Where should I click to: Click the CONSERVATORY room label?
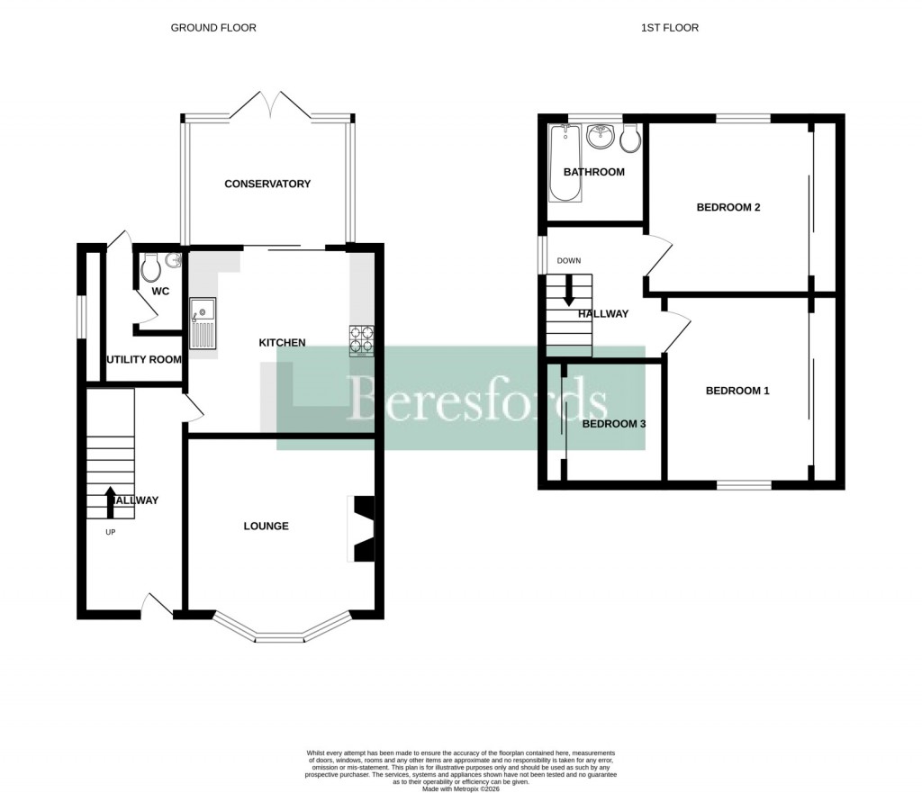pos(267,184)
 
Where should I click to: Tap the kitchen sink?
pos(203,323)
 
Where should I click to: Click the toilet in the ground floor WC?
pos(151,266)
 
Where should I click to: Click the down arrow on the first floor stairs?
pos(568,292)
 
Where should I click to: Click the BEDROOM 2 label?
pos(728,207)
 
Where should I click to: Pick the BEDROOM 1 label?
pos(737,391)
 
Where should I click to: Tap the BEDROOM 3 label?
pos(614,422)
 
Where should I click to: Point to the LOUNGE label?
pos(267,526)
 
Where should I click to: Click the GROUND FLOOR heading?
pos(213,28)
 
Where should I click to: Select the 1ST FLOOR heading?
pos(669,28)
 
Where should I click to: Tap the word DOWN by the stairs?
pos(569,260)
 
